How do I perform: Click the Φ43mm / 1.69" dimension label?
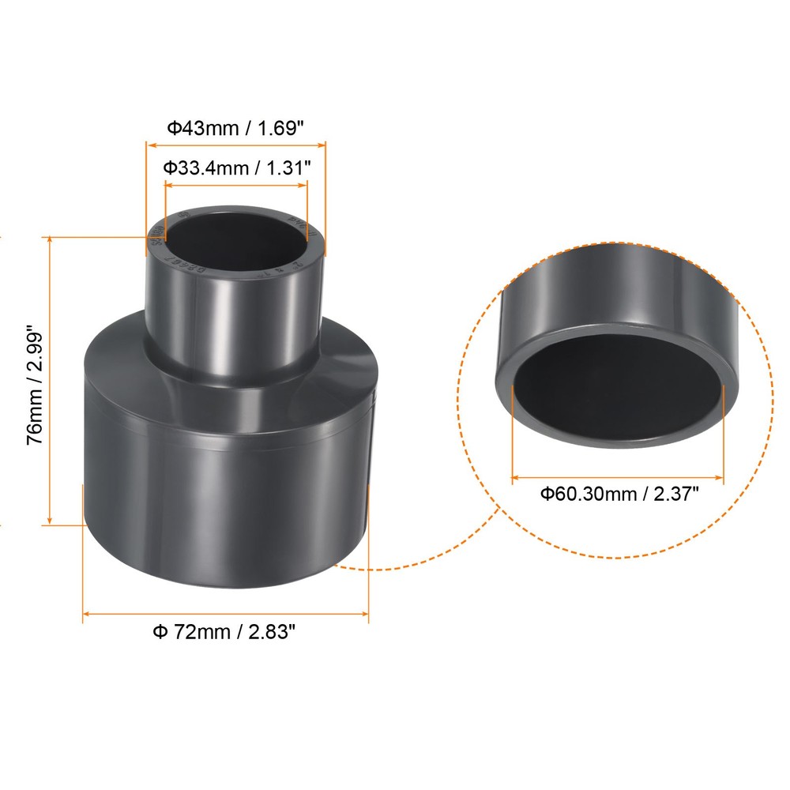234,127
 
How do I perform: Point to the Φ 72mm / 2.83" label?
224,632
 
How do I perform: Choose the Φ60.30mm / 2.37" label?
619,495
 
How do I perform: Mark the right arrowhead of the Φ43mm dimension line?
322,145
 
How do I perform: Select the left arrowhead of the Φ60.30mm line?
516,477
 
